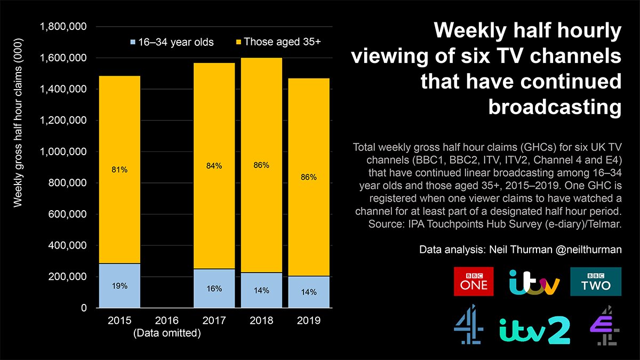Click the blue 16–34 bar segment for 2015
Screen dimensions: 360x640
[x=120, y=285]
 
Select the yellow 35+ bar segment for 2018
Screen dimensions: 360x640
[x=261, y=213]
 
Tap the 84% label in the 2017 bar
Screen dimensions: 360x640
[x=213, y=166]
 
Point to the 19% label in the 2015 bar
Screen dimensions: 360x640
[x=120, y=286]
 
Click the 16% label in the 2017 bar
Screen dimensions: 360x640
[x=213, y=289]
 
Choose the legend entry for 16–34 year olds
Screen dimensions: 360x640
[x=171, y=42]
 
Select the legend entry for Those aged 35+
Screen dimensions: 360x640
[x=277, y=42]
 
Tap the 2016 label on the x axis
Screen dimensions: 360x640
[x=167, y=321]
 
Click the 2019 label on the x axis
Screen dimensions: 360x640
[x=308, y=321]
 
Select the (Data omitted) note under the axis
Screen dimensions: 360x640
[x=167, y=334]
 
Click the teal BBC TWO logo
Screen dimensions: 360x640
[x=596, y=281]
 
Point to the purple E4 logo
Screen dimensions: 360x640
[x=603, y=326]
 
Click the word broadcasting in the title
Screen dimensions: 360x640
[x=555, y=107]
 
